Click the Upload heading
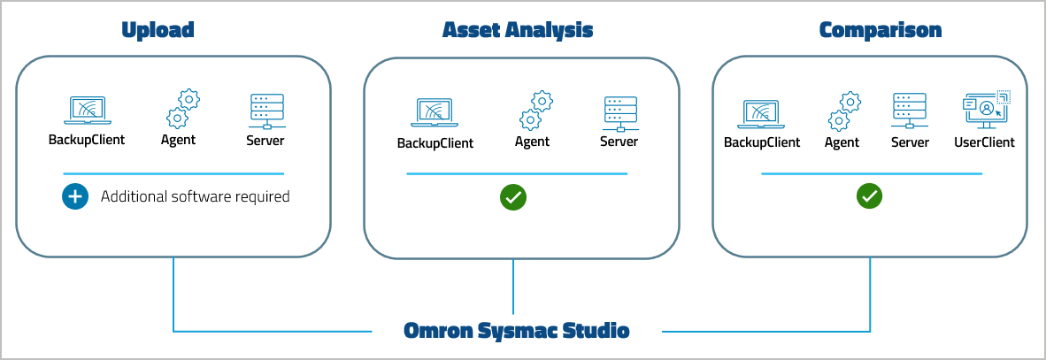[158, 30]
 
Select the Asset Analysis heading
[517, 30]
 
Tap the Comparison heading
[880, 30]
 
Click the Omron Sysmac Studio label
[516, 332]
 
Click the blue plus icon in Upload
[75, 196]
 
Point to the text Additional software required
[195, 196]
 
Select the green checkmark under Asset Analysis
[513, 197]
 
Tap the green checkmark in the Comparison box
[870, 195]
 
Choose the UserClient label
[984, 142]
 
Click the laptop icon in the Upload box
[86, 111]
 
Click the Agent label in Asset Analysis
[532, 142]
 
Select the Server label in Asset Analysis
[619, 142]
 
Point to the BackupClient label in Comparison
[762, 142]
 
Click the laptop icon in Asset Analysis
[435, 112]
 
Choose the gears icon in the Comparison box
[844, 111]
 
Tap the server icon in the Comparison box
[910, 111]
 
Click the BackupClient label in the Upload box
[86, 140]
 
